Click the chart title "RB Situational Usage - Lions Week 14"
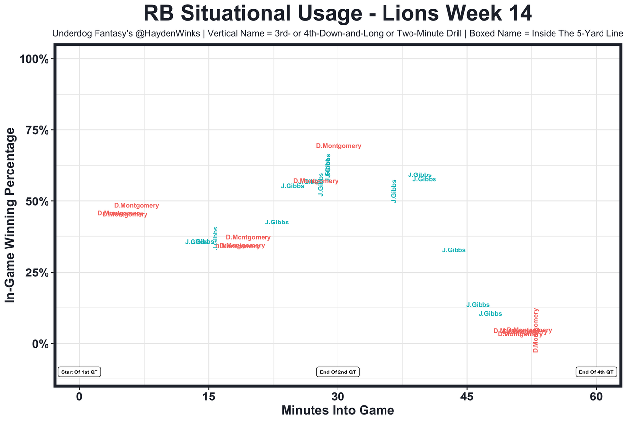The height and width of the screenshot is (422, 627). click(x=338, y=14)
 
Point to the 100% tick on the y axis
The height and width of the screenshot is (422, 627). click(x=34, y=59)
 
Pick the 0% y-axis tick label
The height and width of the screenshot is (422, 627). click(x=40, y=344)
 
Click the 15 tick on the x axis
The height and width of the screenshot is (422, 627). click(x=209, y=396)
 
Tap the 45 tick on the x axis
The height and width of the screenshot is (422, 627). click(x=467, y=396)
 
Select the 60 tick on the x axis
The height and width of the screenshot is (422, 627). click(x=596, y=396)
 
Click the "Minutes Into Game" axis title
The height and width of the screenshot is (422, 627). click(x=338, y=410)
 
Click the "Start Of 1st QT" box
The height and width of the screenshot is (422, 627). click(x=79, y=372)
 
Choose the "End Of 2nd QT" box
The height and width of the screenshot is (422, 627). click(x=338, y=372)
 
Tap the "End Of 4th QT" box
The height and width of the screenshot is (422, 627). click(x=596, y=372)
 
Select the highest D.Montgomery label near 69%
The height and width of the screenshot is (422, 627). click(x=338, y=146)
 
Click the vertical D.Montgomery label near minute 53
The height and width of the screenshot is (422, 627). click(x=536, y=330)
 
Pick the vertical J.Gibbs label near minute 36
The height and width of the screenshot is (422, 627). click(x=394, y=191)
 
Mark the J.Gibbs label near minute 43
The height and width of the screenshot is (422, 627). click(x=454, y=250)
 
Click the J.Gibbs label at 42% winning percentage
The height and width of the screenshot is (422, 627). click(x=277, y=223)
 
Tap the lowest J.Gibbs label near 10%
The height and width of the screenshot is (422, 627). click(x=490, y=314)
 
